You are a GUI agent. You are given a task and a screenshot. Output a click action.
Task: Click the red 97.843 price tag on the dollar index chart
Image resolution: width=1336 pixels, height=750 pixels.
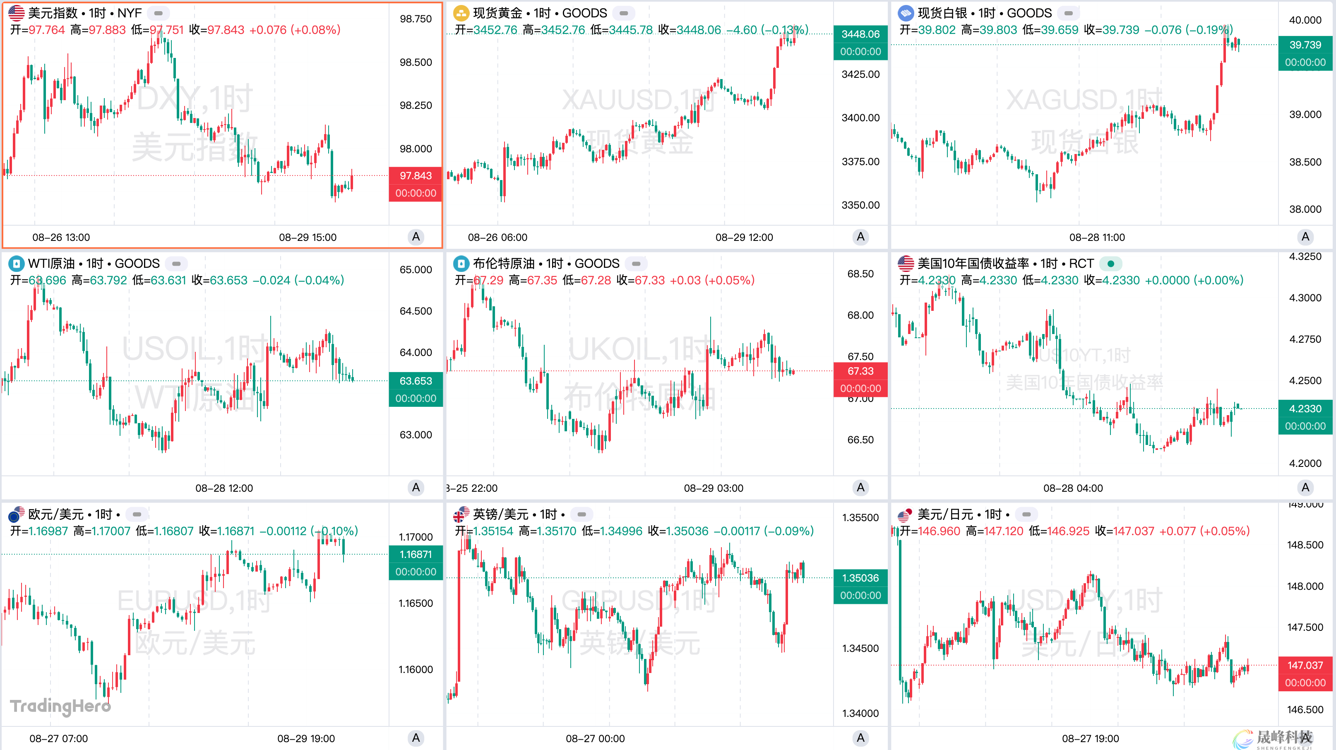point(416,176)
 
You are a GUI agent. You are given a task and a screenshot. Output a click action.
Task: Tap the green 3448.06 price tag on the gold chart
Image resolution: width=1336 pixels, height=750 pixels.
point(860,34)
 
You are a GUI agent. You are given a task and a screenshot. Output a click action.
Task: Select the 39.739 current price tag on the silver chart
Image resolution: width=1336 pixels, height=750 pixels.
point(1305,45)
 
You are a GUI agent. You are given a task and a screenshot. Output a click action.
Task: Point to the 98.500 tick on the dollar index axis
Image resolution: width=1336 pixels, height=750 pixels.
point(416,62)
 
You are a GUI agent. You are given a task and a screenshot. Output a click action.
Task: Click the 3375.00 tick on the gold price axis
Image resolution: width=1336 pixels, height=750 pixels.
point(860,162)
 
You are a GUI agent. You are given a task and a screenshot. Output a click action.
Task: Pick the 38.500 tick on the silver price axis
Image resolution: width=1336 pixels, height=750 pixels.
point(1305,162)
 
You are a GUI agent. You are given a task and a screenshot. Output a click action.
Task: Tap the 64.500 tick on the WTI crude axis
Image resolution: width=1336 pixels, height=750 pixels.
point(416,311)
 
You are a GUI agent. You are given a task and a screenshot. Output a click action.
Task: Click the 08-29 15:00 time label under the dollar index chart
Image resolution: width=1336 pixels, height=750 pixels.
point(308,238)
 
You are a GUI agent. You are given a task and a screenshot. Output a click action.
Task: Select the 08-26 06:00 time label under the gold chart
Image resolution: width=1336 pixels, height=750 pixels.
point(497,238)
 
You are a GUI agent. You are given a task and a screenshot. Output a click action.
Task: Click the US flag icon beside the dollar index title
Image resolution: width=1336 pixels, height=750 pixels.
point(16,13)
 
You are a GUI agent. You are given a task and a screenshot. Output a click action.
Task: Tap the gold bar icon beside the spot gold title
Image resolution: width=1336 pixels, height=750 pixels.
point(461,13)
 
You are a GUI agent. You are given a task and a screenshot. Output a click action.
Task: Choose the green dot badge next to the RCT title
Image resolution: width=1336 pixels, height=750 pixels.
point(1110,264)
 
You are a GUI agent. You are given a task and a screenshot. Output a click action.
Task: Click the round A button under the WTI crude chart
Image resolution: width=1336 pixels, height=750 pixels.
point(416,488)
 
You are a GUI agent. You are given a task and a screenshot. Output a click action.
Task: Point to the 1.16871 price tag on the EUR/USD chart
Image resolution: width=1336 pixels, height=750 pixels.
point(416,555)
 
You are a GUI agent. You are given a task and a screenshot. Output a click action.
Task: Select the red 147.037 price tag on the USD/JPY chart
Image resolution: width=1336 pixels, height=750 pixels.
point(1305,666)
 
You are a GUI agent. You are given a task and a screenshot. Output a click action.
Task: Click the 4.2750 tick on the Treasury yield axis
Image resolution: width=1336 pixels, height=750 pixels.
point(1305,339)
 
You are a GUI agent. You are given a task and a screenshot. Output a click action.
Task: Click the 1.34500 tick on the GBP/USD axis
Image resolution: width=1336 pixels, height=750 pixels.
point(860,648)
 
